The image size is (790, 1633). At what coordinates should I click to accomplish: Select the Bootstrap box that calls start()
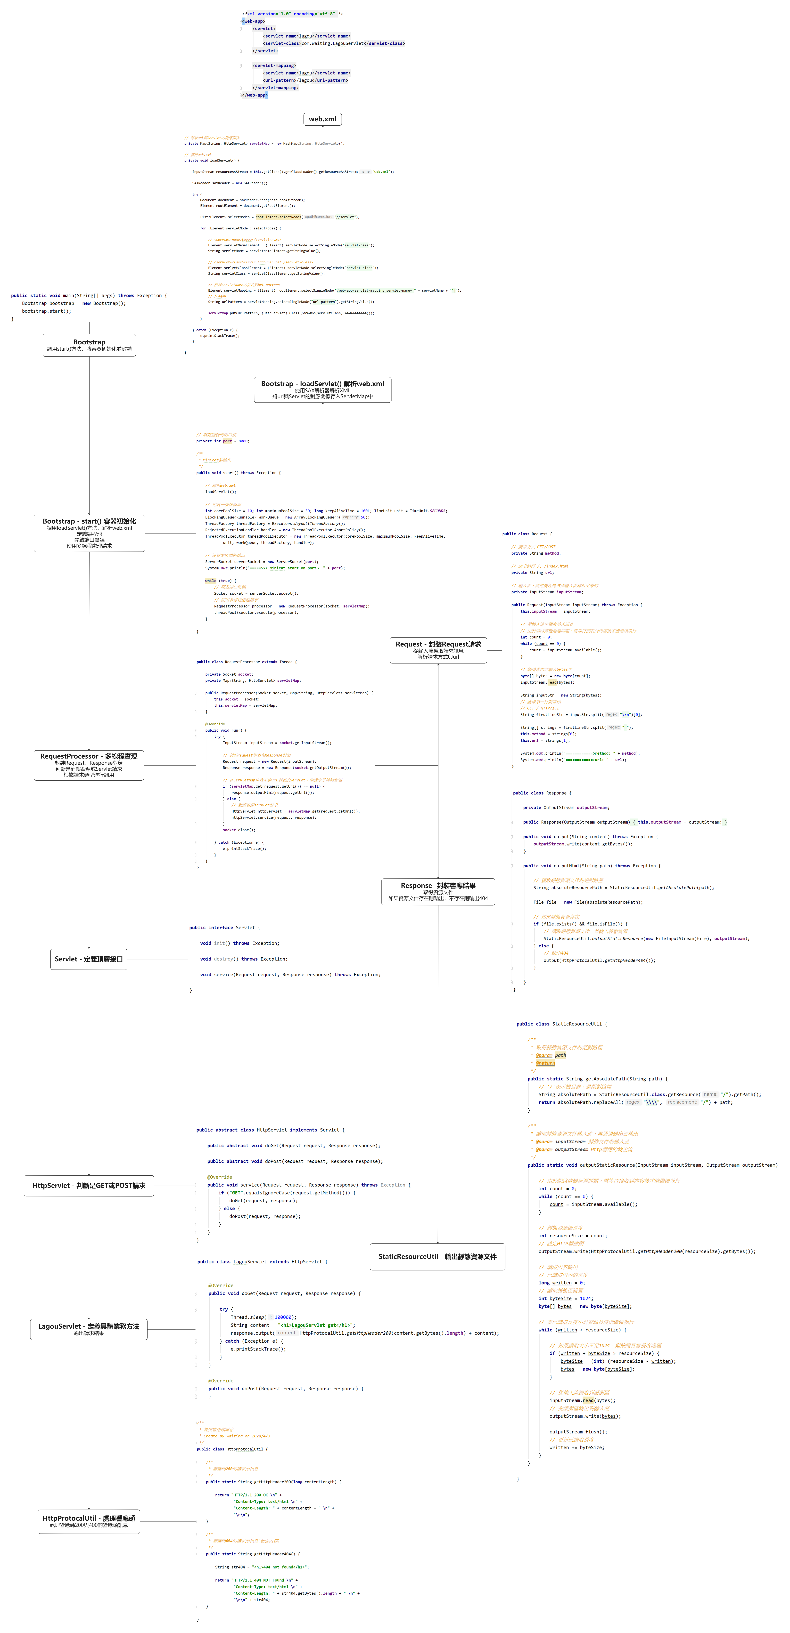click(89, 346)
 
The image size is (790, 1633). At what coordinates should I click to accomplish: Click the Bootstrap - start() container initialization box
click(89, 533)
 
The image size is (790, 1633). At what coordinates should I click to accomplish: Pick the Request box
click(438, 650)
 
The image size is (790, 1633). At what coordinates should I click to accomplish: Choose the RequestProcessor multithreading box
click(89, 765)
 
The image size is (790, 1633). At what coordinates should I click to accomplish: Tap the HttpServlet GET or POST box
click(89, 1185)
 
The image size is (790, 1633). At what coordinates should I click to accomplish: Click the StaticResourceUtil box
click(437, 1256)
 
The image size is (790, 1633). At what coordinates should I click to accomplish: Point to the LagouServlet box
click(89, 1329)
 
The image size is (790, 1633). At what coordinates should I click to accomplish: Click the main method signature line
click(89, 295)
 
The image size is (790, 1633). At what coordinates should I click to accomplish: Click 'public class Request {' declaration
click(527, 534)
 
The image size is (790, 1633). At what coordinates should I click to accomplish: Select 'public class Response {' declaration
click(542, 793)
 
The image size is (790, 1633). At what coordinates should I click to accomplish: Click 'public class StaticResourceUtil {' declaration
click(562, 1024)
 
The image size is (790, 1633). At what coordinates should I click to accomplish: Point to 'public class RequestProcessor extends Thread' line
click(247, 662)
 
